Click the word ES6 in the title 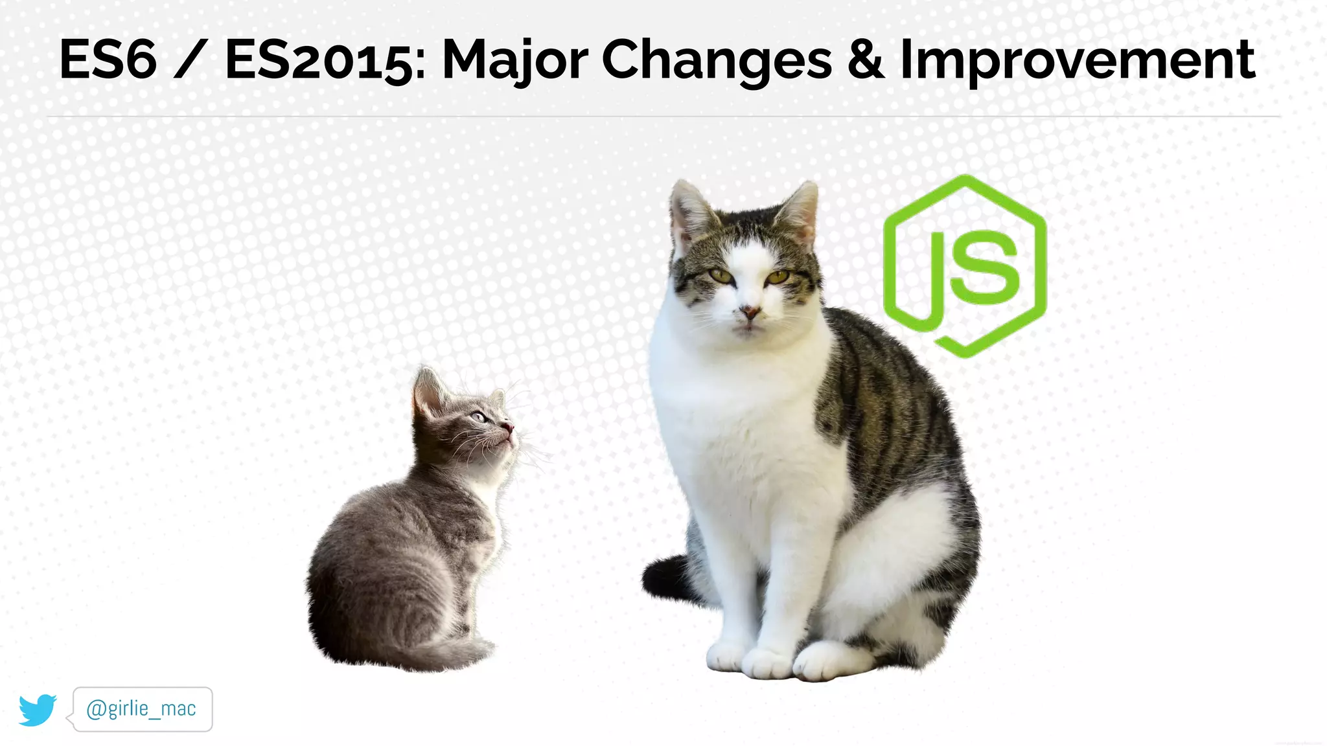(108, 60)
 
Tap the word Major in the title (514, 60)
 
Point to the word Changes (717, 60)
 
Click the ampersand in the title (866, 60)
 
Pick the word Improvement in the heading (1078, 60)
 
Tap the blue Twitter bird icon (38, 710)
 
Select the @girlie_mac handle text (141, 709)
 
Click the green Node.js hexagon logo (965, 266)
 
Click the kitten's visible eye (478, 417)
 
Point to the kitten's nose (509, 427)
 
